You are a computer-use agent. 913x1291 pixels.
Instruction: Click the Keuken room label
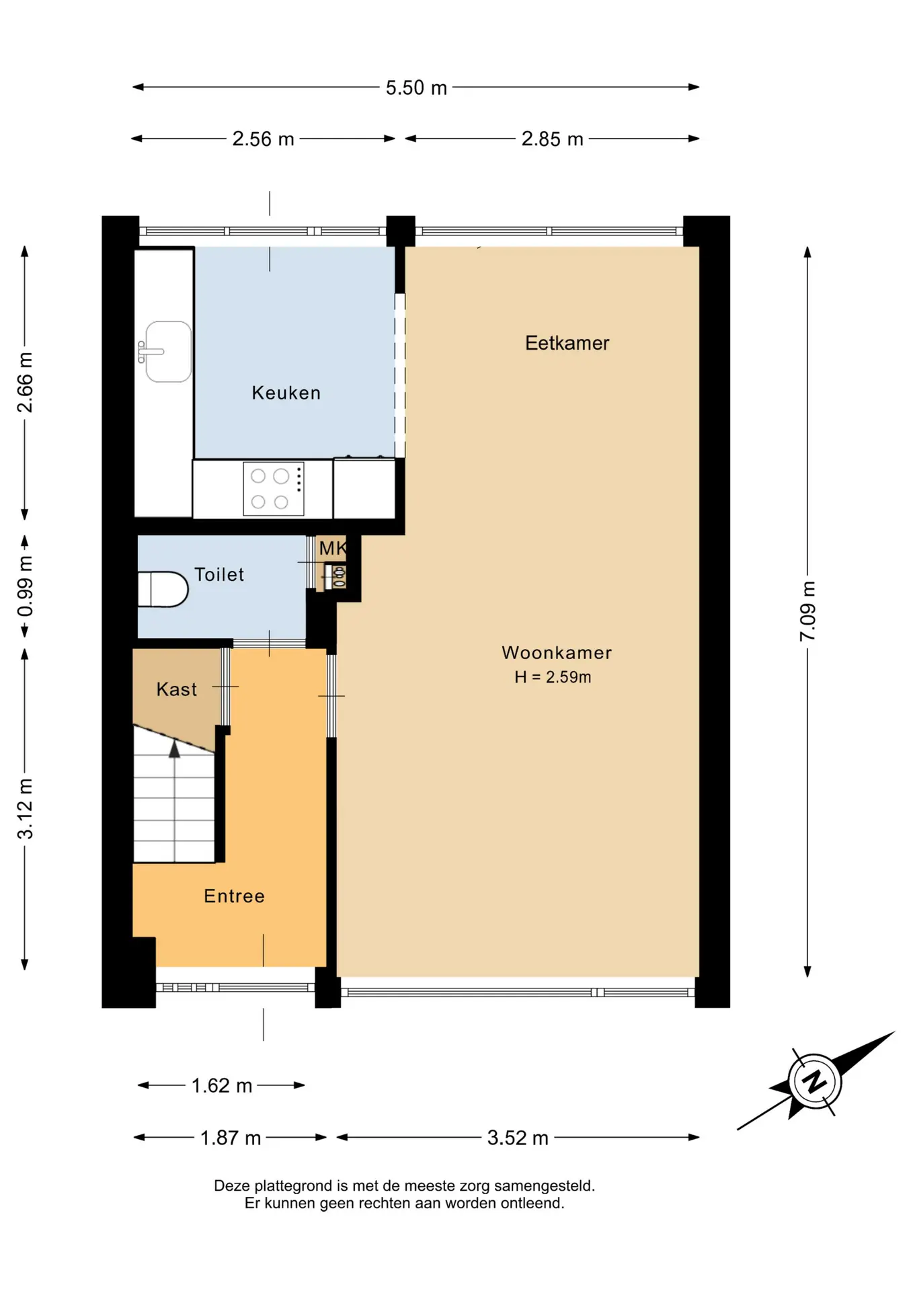point(286,393)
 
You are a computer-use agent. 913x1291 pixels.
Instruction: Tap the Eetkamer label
point(567,343)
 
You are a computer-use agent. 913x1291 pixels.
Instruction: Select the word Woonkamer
point(557,653)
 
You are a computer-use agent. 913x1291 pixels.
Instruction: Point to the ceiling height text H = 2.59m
point(553,677)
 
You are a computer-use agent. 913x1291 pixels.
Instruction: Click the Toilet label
point(219,574)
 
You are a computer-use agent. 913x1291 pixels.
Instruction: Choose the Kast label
point(177,689)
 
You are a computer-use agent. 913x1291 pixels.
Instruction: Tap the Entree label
point(235,896)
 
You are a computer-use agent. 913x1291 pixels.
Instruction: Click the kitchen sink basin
point(169,352)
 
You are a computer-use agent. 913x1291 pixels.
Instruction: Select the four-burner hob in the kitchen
point(274,489)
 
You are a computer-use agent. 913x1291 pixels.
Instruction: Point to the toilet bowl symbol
point(163,589)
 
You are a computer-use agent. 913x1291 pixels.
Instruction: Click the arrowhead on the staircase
point(175,749)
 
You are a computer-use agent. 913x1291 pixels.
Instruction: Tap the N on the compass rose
point(815,1082)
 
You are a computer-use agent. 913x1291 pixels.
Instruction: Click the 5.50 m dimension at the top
point(416,87)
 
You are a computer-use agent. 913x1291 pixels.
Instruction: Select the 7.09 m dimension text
point(807,611)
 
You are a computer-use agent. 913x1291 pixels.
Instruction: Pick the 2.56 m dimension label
point(263,139)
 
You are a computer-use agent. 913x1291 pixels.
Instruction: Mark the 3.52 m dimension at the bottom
point(518,1138)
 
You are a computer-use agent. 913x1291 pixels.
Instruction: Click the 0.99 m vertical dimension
point(25,586)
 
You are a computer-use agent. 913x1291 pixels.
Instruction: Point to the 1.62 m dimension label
point(222,1085)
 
